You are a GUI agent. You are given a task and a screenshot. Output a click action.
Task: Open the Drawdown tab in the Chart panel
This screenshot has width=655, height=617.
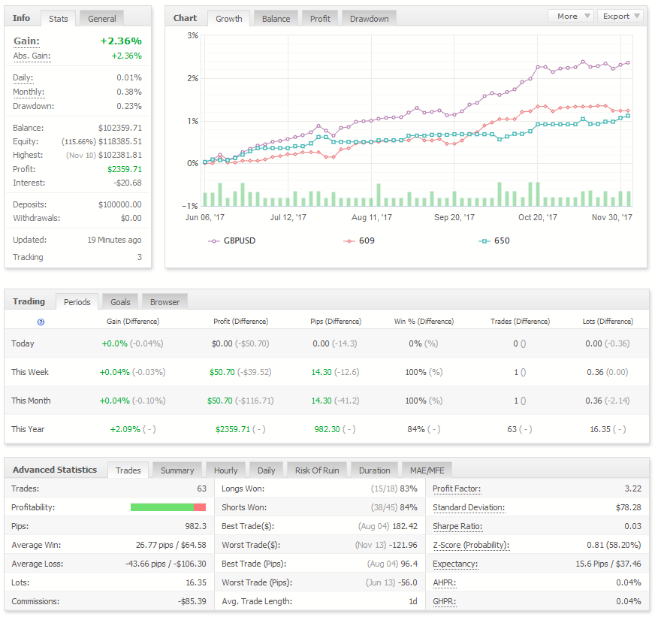(369, 19)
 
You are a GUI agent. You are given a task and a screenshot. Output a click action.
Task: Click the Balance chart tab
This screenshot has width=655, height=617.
(276, 19)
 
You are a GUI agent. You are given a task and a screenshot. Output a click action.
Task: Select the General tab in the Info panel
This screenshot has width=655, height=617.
(102, 19)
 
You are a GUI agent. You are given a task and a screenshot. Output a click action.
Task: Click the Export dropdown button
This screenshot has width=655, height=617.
(620, 16)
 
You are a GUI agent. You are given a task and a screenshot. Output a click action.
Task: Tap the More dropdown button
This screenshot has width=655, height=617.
(571, 16)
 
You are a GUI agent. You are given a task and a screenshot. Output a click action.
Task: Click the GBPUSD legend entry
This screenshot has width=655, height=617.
(232, 240)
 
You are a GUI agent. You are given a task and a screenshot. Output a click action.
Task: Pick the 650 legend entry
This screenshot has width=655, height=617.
(494, 240)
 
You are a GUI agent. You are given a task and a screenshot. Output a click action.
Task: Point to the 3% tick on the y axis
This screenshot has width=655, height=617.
(192, 35)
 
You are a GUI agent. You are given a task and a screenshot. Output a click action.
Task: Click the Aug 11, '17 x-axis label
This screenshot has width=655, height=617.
(371, 217)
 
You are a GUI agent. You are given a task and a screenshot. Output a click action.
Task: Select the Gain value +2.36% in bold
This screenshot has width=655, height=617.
(121, 41)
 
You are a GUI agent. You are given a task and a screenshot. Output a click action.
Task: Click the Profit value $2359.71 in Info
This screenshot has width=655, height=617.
(125, 169)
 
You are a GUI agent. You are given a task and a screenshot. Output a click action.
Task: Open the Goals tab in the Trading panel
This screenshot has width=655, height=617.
(120, 302)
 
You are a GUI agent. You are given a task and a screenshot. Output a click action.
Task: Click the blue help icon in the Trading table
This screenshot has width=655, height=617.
(41, 322)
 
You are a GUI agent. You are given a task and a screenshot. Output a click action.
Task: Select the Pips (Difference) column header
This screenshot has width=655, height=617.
(336, 321)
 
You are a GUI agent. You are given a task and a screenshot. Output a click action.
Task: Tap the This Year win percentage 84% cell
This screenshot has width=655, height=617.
(416, 429)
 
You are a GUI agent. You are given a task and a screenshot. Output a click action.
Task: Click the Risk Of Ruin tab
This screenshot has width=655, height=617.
(317, 470)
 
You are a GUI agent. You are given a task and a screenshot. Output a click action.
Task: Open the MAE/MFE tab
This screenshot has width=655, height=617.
(427, 470)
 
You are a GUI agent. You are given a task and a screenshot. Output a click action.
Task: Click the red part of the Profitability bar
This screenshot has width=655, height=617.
(200, 507)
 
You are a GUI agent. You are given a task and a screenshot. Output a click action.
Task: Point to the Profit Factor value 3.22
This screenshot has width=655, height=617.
(633, 488)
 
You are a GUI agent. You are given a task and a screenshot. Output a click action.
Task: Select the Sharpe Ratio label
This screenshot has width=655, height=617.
(457, 526)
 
